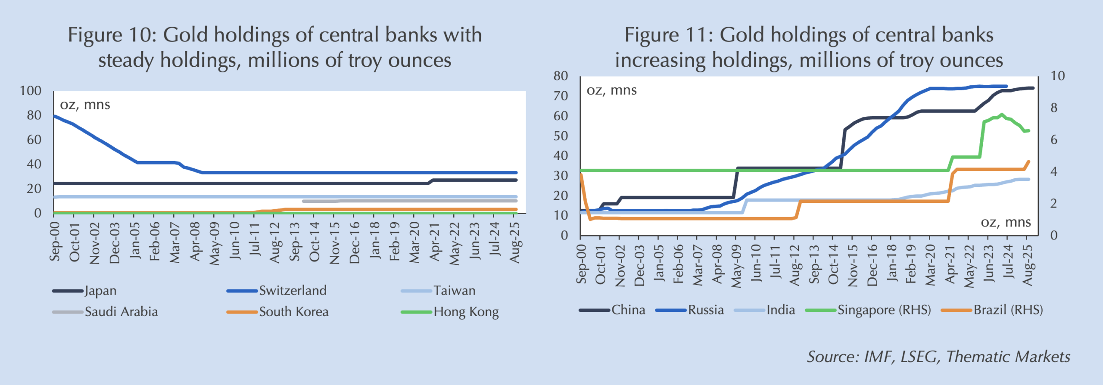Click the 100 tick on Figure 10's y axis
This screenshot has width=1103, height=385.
pyautogui.click(x=31, y=91)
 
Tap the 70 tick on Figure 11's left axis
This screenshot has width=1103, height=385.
pyautogui.click(x=561, y=96)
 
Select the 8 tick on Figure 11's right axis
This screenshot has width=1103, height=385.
pyautogui.click(x=1054, y=108)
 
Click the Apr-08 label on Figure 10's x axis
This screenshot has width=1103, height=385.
pyautogui.click(x=195, y=242)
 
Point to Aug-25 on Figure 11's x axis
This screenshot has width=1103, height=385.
pyautogui.click(x=1027, y=265)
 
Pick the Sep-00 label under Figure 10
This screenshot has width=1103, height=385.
pyautogui.click(x=55, y=242)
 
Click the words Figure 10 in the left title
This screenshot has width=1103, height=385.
pyautogui.click(x=110, y=35)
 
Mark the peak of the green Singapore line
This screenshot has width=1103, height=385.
pyautogui.click(x=1002, y=115)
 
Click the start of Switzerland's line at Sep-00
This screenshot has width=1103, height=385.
pyautogui.click(x=54, y=116)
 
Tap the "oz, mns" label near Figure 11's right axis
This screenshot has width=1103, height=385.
pyautogui.click(x=1006, y=222)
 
